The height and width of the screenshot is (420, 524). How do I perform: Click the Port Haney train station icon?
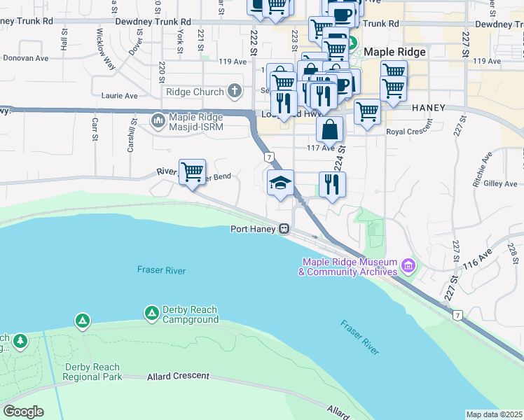284,228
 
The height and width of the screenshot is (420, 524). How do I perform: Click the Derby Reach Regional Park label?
92,372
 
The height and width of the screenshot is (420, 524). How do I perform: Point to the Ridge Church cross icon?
235,92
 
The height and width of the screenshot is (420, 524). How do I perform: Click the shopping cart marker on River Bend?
192,171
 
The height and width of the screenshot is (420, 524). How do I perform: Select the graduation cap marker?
280,183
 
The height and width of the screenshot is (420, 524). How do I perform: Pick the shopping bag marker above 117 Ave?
329,129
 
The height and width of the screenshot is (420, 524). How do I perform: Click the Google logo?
23,412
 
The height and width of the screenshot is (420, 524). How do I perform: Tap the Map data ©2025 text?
494,414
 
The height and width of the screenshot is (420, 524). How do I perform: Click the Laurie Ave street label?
120,95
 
